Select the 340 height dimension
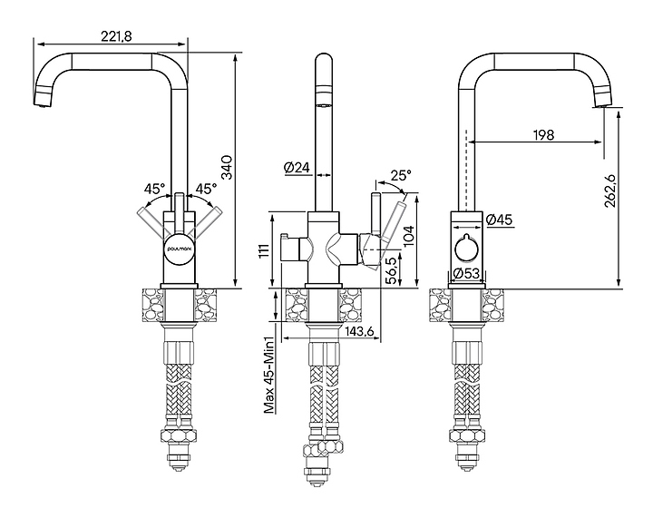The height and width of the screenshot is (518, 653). pos(228,169)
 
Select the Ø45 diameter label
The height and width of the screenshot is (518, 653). pos(500,220)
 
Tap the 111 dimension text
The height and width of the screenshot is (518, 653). pos(265,251)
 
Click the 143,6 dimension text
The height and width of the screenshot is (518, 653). pos(359,333)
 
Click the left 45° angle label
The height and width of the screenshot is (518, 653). pos(154,190)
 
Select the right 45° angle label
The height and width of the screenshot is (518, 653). pos(206,190)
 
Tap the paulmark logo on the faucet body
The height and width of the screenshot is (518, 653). pos(179,245)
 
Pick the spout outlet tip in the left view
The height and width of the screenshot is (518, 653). pos(41,106)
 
